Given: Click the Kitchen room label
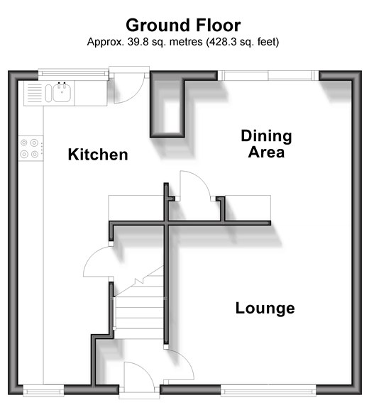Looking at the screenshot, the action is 98,155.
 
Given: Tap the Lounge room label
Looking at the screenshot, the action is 265,308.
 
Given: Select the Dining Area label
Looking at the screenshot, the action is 266,143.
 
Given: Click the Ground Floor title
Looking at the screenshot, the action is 183,26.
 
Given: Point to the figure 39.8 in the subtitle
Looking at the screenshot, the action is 138,42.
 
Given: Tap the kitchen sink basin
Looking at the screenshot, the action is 62,92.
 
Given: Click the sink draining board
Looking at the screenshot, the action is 34,93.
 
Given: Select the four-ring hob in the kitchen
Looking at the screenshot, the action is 31,148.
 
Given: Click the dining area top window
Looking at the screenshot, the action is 268,75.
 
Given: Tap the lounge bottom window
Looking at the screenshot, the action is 268,391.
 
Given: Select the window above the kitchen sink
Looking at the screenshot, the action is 73,73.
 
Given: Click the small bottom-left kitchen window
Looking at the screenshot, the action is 43,391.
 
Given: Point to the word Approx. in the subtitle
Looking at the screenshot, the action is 106,43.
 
